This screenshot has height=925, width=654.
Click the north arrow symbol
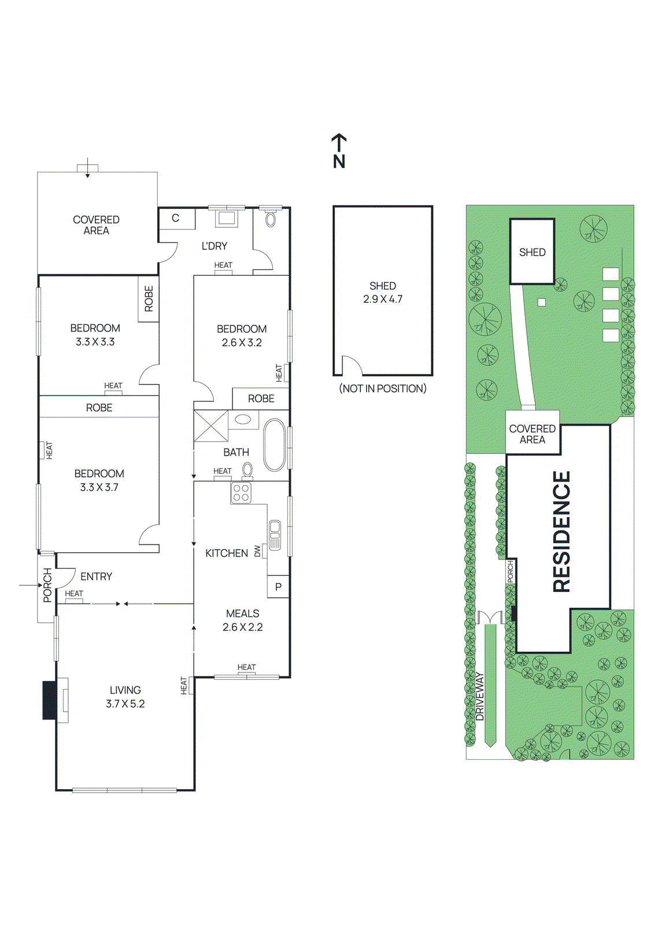tap(339, 150)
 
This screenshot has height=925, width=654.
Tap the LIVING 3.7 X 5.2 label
tap(125, 697)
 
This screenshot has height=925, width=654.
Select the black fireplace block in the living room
tap(50, 700)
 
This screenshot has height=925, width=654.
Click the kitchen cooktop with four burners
tap(241, 493)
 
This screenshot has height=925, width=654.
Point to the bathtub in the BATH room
tap(275, 445)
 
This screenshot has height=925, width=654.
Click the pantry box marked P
tap(278, 587)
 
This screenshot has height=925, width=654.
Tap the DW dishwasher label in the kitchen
tap(258, 552)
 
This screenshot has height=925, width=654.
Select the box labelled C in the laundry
tap(176, 219)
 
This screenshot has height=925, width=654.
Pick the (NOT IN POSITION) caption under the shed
tap(383, 388)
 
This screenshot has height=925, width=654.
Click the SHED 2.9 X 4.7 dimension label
tap(383, 293)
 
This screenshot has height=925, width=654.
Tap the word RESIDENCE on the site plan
tap(561, 532)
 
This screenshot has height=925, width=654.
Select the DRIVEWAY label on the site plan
tap(479, 696)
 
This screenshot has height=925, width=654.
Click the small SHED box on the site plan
tap(532, 252)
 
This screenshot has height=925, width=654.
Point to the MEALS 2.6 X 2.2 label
tap(243, 620)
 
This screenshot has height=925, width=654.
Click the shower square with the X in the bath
tap(210, 426)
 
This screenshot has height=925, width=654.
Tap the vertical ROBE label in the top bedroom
tap(149, 299)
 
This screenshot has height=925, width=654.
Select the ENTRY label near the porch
tap(96, 576)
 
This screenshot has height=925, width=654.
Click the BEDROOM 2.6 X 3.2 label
tap(242, 335)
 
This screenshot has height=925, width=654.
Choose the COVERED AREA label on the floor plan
tap(96, 225)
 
